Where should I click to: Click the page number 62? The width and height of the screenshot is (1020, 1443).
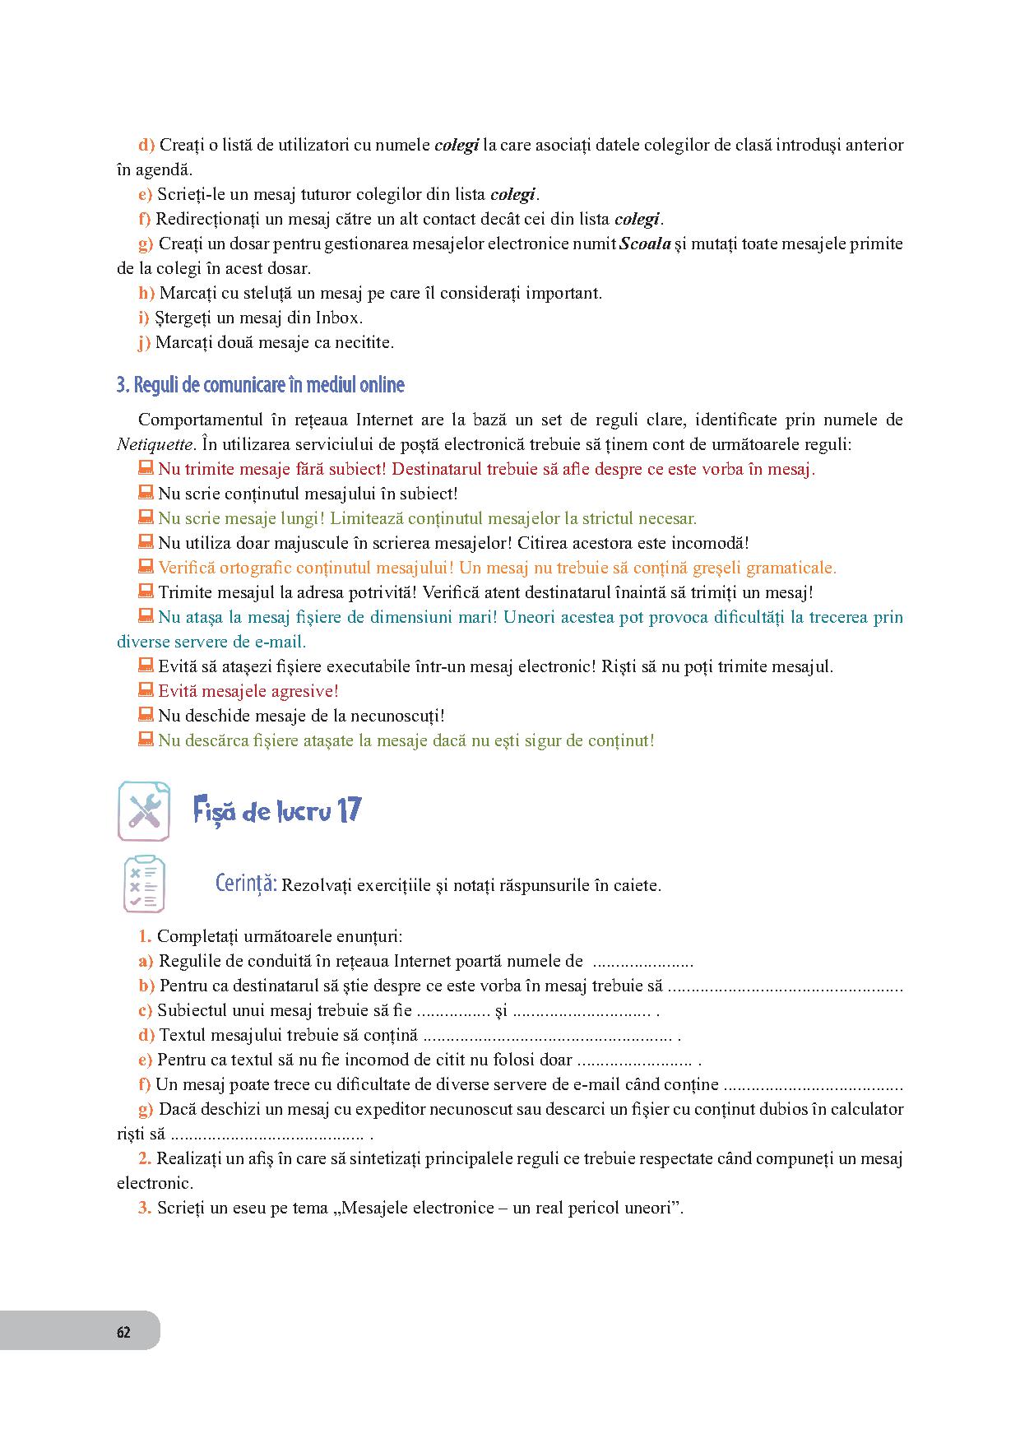coord(123,1332)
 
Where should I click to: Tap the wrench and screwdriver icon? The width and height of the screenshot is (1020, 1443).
coord(144,811)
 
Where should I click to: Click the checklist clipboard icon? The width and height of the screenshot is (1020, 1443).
coord(144,884)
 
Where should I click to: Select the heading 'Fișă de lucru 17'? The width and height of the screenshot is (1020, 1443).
coord(277,811)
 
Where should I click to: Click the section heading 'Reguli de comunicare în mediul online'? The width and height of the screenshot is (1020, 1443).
coord(261,385)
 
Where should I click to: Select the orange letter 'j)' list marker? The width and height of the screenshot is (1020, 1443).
coord(145,343)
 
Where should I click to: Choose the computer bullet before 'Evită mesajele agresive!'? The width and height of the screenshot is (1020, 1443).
coord(146,690)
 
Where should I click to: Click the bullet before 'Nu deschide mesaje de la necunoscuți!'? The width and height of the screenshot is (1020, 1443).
coord(146,715)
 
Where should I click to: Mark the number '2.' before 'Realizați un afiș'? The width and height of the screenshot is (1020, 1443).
coord(144,1159)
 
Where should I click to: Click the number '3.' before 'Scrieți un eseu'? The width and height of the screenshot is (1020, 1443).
coord(144,1209)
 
